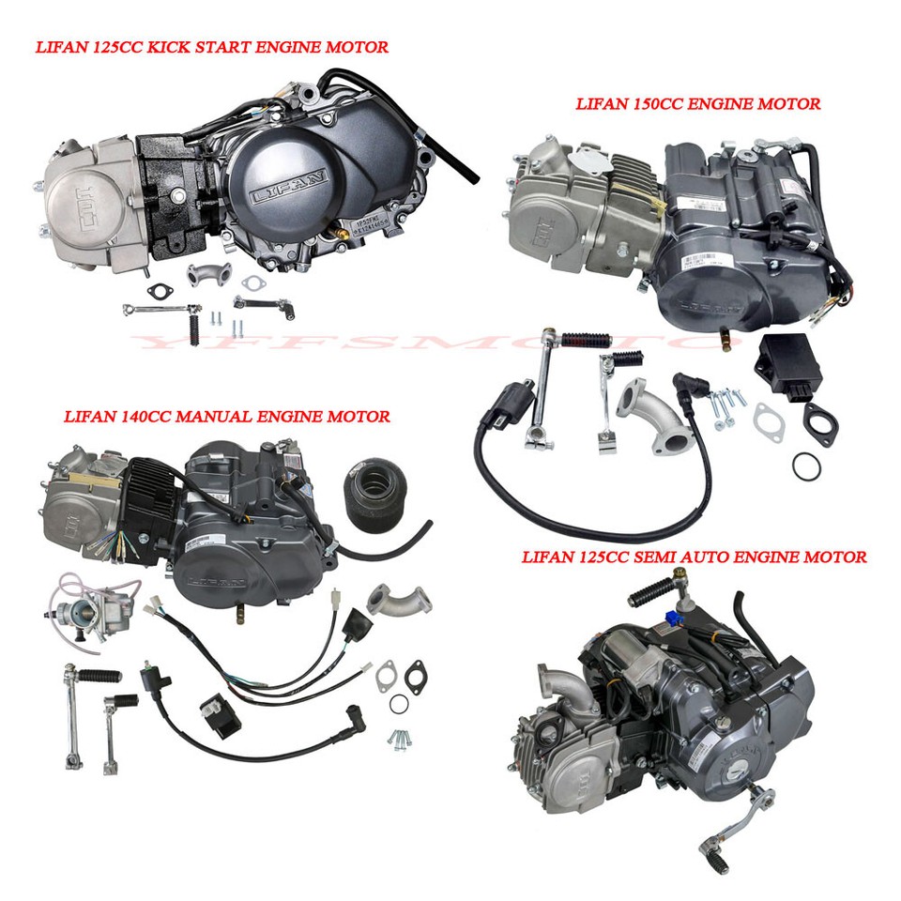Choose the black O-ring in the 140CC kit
coord(398,705)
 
